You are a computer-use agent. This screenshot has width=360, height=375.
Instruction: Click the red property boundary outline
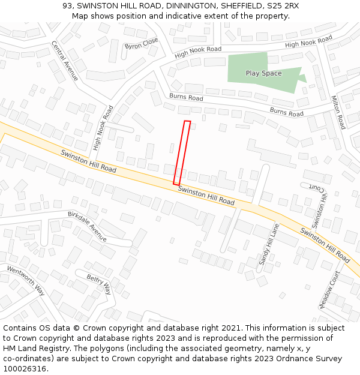click(x=182, y=153)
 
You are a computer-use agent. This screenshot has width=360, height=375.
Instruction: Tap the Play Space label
click(x=263, y=73)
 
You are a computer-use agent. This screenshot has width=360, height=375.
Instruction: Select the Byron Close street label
click(x=142, y=43)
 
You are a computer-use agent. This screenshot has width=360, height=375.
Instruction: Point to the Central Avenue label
click(x=64, y=61)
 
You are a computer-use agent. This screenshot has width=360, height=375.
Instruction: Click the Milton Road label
click(x=338, y=112)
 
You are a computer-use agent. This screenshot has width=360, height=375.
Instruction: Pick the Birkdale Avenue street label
click(x=87, y=226)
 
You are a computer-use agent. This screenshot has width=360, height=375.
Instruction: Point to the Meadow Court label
click(x=329, y=290)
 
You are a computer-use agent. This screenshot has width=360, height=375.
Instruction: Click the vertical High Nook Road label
click(x=103, y=128)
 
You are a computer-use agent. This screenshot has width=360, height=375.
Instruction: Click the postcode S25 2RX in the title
click(x=283, y=6)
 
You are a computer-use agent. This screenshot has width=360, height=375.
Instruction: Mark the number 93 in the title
click(x=67, y=6)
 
